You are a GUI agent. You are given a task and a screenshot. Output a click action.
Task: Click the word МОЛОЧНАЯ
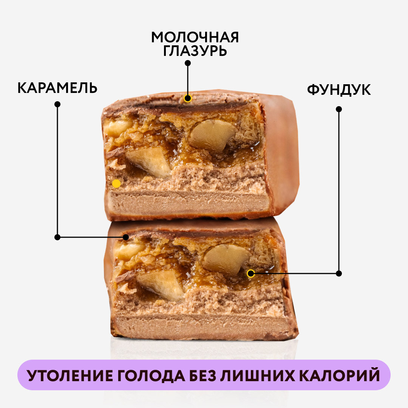point(195,37)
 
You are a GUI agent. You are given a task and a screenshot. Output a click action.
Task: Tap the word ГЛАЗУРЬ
point(195,51)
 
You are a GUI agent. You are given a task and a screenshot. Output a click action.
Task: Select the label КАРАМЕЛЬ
point(57,88)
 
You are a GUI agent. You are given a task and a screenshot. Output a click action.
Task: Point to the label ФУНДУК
point(338,90)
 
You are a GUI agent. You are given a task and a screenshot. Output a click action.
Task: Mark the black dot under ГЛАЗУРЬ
point(188,63)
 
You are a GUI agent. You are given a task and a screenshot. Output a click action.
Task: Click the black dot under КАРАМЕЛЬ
point(57,104)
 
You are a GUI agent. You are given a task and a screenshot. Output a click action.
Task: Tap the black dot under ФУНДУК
point(339,109)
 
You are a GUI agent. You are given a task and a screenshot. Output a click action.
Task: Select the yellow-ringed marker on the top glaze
point(187,99)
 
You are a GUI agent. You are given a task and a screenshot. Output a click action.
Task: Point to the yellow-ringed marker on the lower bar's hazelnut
point(250,273)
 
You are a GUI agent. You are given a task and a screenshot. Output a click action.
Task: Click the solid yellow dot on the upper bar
point(116,184)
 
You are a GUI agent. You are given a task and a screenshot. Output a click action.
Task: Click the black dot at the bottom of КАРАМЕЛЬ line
point(57,237)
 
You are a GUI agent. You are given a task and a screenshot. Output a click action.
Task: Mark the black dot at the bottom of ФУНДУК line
point(339,273)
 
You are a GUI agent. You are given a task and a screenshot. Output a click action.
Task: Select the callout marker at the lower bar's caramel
point(126,237)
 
